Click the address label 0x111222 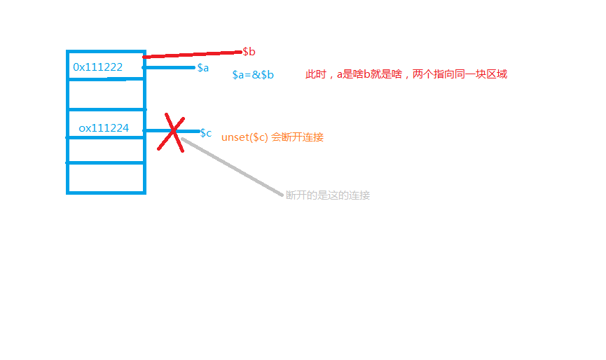(98, 67)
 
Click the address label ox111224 (104, 128)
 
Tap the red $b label (249, 52)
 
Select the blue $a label (203, 68)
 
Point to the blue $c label (205, 133)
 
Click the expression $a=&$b (253, 74)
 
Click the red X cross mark (171, 132)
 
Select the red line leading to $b (193, 55)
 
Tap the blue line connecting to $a (169, 68)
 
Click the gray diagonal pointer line (233, 167)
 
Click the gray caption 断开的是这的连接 (328, 195)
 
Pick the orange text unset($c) (245, 137)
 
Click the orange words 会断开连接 (297, 137)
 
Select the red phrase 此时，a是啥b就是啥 (354, 74)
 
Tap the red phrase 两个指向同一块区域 (460, 74)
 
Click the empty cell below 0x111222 (106, 95)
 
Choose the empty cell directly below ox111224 (106, 151)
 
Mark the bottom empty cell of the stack (106, 177)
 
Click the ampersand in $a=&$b (256, 74)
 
